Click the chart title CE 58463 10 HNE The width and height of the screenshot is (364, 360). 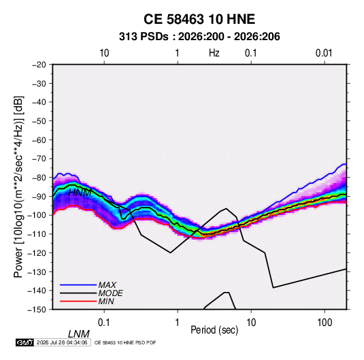[x=199, y=19]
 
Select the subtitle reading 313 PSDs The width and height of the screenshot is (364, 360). [x=144, y=37]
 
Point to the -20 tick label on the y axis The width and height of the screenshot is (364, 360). [x=39, y=65]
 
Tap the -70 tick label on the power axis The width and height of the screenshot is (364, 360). [x=39, y=159]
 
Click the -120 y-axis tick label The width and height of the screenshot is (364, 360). [x=37, y=253]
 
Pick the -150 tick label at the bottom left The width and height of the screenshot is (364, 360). [x=37, y=310]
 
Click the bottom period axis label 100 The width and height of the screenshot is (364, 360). [x=325, y=323]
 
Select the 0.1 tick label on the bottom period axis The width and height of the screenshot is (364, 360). [x=104, y=323]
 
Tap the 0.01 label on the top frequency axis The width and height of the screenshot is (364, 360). [x=324, y=53]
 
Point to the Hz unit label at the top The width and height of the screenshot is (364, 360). [x=214, y=53]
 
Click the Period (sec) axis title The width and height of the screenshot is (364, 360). [x=214, y=330]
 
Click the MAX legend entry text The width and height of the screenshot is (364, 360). [x=107, y=284]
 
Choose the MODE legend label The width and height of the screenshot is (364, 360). [x=110, y=293]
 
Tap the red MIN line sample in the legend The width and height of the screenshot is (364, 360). [x=78, y=301]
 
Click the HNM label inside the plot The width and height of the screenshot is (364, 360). [x=80, y=193]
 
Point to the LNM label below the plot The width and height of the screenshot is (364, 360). [x=79, y=334]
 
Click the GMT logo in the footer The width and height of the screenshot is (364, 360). [x=25, y=342]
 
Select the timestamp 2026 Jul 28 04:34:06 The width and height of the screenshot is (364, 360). [x=62, y=342]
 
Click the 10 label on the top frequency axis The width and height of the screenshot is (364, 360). [x=104, y=53]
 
